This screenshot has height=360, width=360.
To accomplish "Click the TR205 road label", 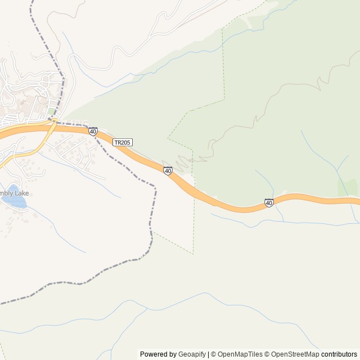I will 123,142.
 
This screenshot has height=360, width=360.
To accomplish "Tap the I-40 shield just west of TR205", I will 93,131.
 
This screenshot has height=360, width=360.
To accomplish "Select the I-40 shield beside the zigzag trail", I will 168,170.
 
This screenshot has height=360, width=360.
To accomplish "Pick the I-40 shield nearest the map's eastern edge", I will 269,202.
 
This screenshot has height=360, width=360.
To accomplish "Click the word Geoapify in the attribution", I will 192,354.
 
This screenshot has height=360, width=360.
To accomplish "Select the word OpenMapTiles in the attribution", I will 240,354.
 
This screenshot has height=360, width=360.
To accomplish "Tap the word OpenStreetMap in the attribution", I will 295,354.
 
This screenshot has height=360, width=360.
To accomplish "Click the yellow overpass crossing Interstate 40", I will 52,125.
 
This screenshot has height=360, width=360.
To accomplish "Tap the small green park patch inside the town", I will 52,111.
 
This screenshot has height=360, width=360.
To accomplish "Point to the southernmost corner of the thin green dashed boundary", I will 193,254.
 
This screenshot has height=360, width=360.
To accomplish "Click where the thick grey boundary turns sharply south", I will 155,186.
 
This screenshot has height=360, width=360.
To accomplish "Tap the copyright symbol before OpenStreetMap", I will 268,354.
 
